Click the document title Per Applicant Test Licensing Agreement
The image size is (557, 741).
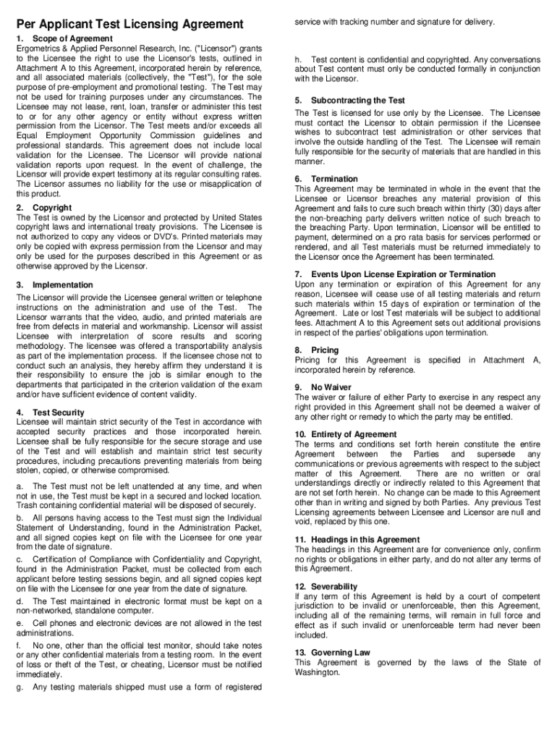(129, 25)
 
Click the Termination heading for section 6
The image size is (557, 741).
(334, 179)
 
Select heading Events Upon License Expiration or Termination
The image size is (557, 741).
(403, 274)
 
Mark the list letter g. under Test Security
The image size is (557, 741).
(20, 687)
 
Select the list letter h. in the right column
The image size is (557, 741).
(298, 59)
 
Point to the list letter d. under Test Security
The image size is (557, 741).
(20, 601)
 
